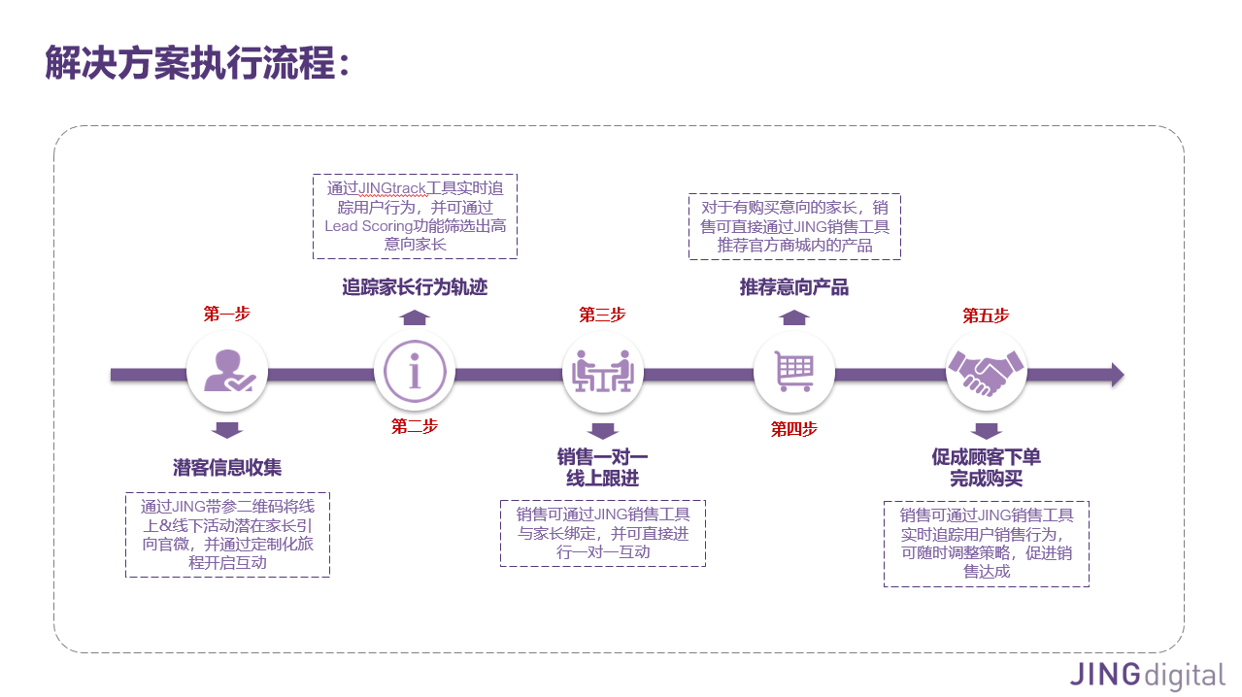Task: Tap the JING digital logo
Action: click(x=1147, y=674)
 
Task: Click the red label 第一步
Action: click(x=227, y=315)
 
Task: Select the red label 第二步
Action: click(x=415, y=427)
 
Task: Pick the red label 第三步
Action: click(x=603, y=315)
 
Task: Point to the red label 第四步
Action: click(x=793, y=429)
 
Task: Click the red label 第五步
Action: click(x=986, y=315)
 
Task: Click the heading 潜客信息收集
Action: click(x=227, y=468)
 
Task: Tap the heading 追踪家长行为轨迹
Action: click(x=415, y=287)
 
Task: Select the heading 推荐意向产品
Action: click(x=793, y=287)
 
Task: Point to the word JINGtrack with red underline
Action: click(x=394, y=188)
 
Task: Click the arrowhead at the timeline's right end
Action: click(x=1117, y=375)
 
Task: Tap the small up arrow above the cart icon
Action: click(x=793, y=317)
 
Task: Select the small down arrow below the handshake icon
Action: click(x=986, y=431)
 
